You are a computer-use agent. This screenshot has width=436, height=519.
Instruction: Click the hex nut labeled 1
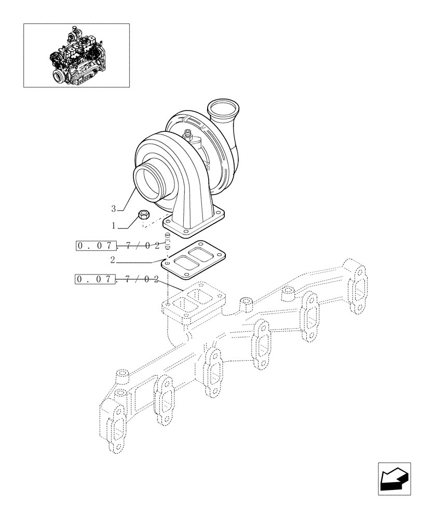pos(145,215)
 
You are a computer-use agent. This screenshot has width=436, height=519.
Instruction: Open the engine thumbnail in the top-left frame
pos(76,55)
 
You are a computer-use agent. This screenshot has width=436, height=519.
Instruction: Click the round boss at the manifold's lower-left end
pos(121,374)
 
